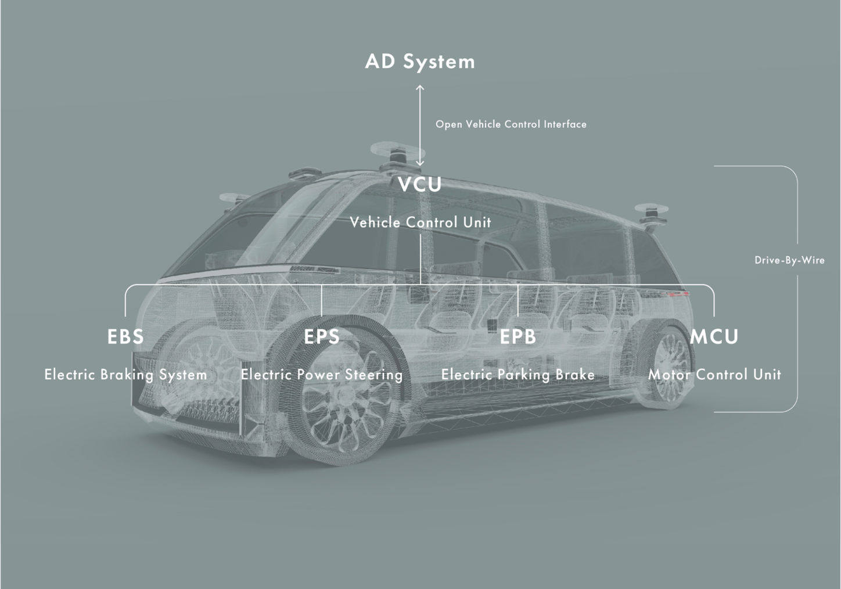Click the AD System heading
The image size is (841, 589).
click(x=420, y=62)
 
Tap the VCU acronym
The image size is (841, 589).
click(x=420, y=184)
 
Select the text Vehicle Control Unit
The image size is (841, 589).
click(x=420, y=222)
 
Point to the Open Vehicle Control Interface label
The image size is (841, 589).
click(x=511, y=125)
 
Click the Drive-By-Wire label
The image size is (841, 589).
click(x=789, y=260)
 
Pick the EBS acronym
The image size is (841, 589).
click(x=125, y=337)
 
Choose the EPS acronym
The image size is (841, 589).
click(x=322, y=337)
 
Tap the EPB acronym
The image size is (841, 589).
click(x=517, y=337)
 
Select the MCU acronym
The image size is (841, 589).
click(x=714, y=337)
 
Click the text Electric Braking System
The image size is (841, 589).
click(x=126, y=375)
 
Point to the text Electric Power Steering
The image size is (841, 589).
click(x=322, y=375)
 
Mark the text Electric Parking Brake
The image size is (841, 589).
click(x=517, y=375)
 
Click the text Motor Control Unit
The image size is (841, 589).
click(x=714, y=375)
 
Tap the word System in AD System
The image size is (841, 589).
click(x=439, y=62)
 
